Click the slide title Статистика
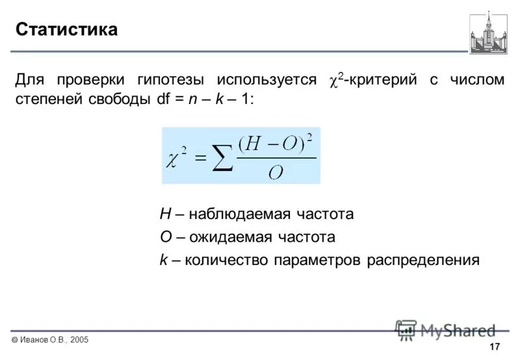click(x=66, y=30)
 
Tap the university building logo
click(x=488, y=33)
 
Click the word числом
click(x=478, y=81)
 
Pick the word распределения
click(x=424, y=261)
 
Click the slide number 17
click(x=494, y=346)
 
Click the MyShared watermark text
click(x=458, y=330)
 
